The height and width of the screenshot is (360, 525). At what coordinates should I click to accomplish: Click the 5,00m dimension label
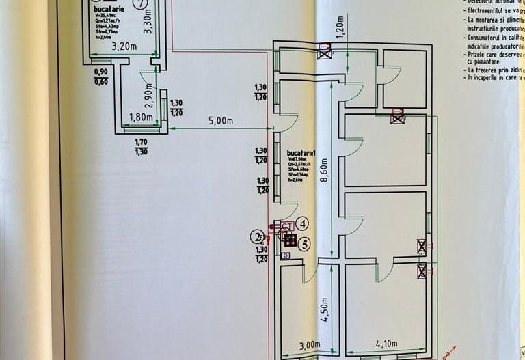(x=222, y=121)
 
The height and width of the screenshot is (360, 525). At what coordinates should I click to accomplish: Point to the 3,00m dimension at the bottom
(x=307, y=345)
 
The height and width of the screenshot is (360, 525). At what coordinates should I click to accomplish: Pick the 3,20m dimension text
(x=123, y=47)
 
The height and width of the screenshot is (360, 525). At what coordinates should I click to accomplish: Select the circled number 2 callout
(x=256, y=237)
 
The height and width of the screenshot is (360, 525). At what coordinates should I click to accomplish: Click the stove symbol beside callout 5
(x=291, y=240)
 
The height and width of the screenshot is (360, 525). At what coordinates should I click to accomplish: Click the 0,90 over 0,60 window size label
(x=100, y=77)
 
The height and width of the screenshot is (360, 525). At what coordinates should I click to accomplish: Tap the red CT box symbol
(x=287, y=225)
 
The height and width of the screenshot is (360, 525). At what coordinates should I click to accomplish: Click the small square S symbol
(x=285, y=255)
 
